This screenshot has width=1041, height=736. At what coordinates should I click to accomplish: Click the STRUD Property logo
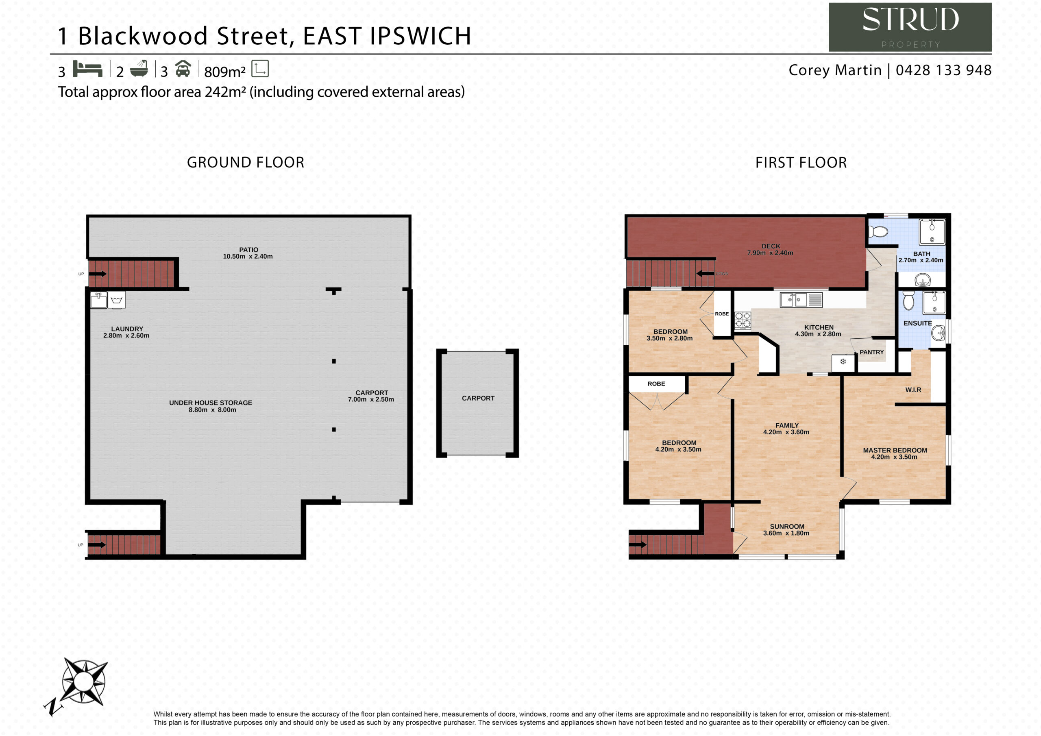(910, 27)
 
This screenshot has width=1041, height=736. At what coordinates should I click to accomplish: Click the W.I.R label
(913, 390)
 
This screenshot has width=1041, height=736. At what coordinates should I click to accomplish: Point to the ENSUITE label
(918, 323)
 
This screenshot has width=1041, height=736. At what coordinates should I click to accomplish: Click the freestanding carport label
(478, 398)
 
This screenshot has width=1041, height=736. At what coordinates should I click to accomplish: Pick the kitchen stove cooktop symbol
(743, 320)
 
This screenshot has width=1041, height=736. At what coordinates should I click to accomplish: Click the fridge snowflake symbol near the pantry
(843, 362)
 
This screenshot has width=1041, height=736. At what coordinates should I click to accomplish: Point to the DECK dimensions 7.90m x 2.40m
(770, 253)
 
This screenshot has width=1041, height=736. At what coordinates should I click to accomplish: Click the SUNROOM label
(787, 527)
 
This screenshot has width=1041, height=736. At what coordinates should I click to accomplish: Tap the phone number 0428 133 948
(943, 70)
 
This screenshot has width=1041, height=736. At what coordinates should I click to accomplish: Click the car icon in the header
(183, 68)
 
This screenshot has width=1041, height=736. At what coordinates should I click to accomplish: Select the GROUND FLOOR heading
(246, 162)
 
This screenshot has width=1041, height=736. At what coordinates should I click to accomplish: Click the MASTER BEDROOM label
(895, 450)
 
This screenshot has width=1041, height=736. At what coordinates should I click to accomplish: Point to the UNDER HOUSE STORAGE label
(210, 403)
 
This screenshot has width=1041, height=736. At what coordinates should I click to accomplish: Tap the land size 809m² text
(225, 71)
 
